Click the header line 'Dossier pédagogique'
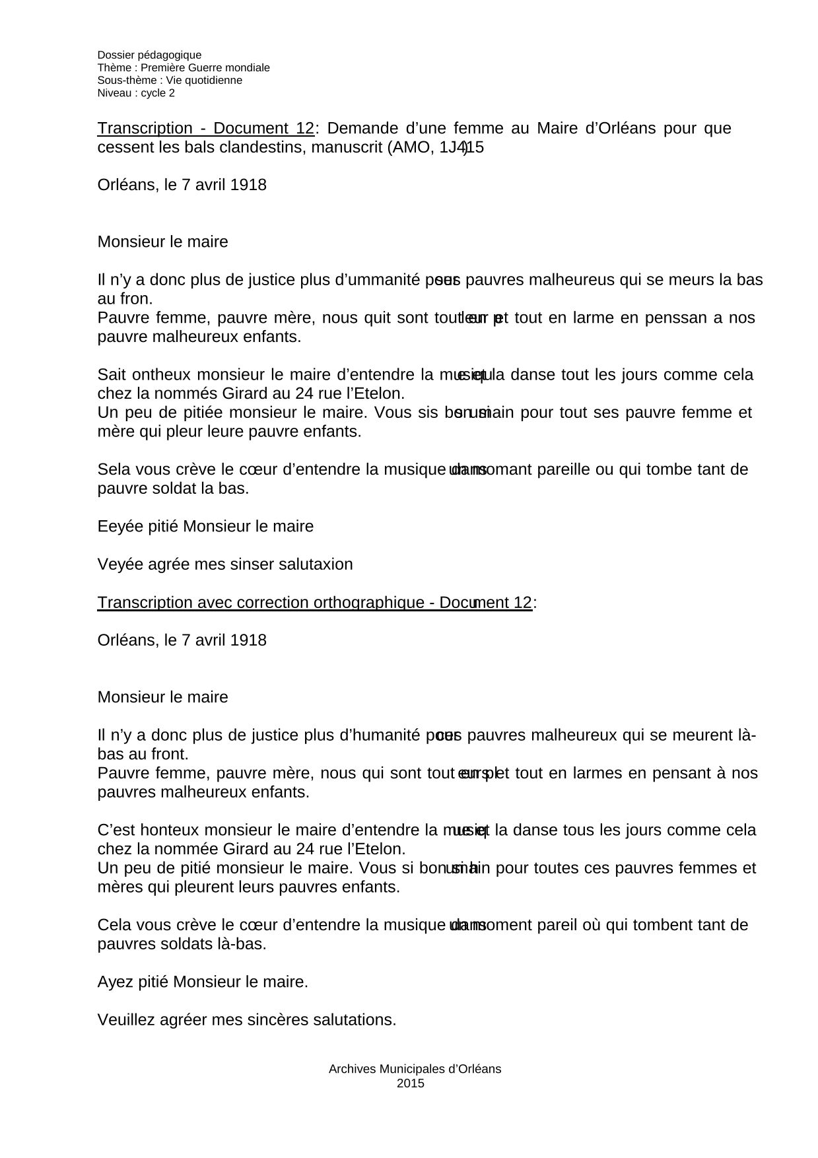click(149, 55)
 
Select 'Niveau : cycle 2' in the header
click(136, 93)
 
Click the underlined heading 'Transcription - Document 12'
click(205, 129)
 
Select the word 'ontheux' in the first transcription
click(161, 375)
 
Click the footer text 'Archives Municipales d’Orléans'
click(415, 1069)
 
